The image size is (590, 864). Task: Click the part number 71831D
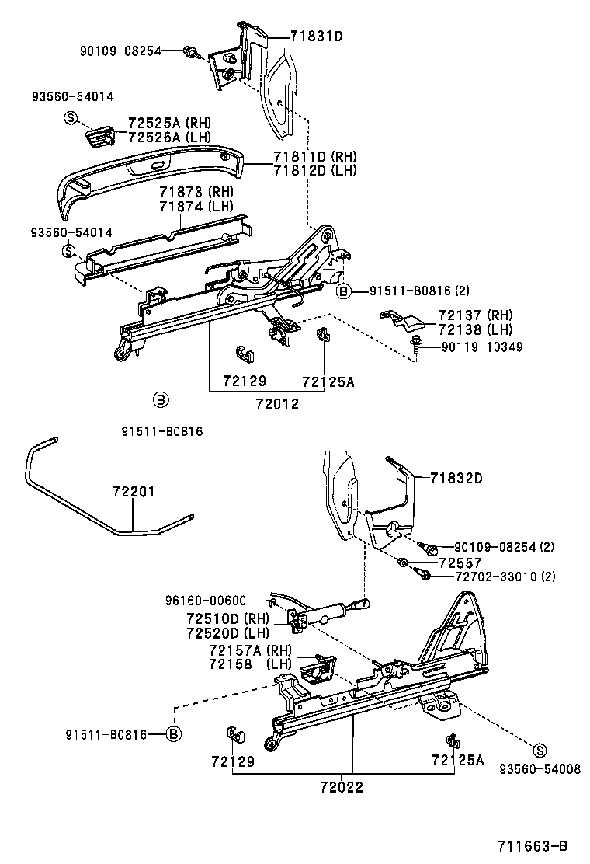(317, 37)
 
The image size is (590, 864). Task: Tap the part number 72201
(134, 492)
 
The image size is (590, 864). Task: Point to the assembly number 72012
(277, 404)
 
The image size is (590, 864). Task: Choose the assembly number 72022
(342, 786)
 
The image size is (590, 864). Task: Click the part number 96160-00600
(205, 600)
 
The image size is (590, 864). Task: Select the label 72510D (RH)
(227, 618)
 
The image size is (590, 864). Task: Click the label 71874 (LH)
(196, 207)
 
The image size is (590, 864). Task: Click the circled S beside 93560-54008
(540, 749)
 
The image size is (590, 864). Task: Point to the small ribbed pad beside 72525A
(99, 135)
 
